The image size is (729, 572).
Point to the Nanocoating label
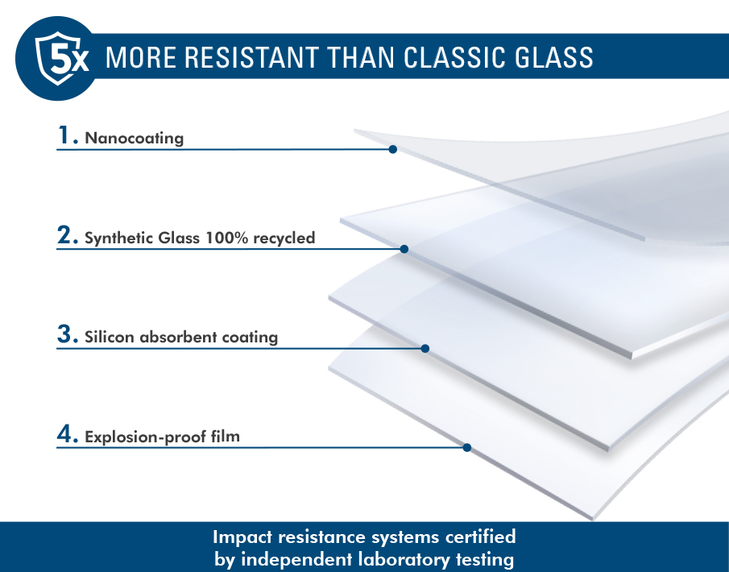coord(135,138)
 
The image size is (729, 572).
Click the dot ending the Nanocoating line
coord(393,149)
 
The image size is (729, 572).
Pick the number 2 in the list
coord(65,234)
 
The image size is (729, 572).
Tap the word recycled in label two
coord(284,238)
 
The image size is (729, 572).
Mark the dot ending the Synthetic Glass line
coord(404,249)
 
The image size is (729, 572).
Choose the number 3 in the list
coord(65,334)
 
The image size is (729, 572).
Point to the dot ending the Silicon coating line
coord(425,348)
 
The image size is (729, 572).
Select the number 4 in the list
coord(65,433)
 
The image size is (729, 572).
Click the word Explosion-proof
coord(146,437)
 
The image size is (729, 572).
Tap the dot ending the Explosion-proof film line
coord(467,447)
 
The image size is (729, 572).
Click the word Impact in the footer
coord(242,537)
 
